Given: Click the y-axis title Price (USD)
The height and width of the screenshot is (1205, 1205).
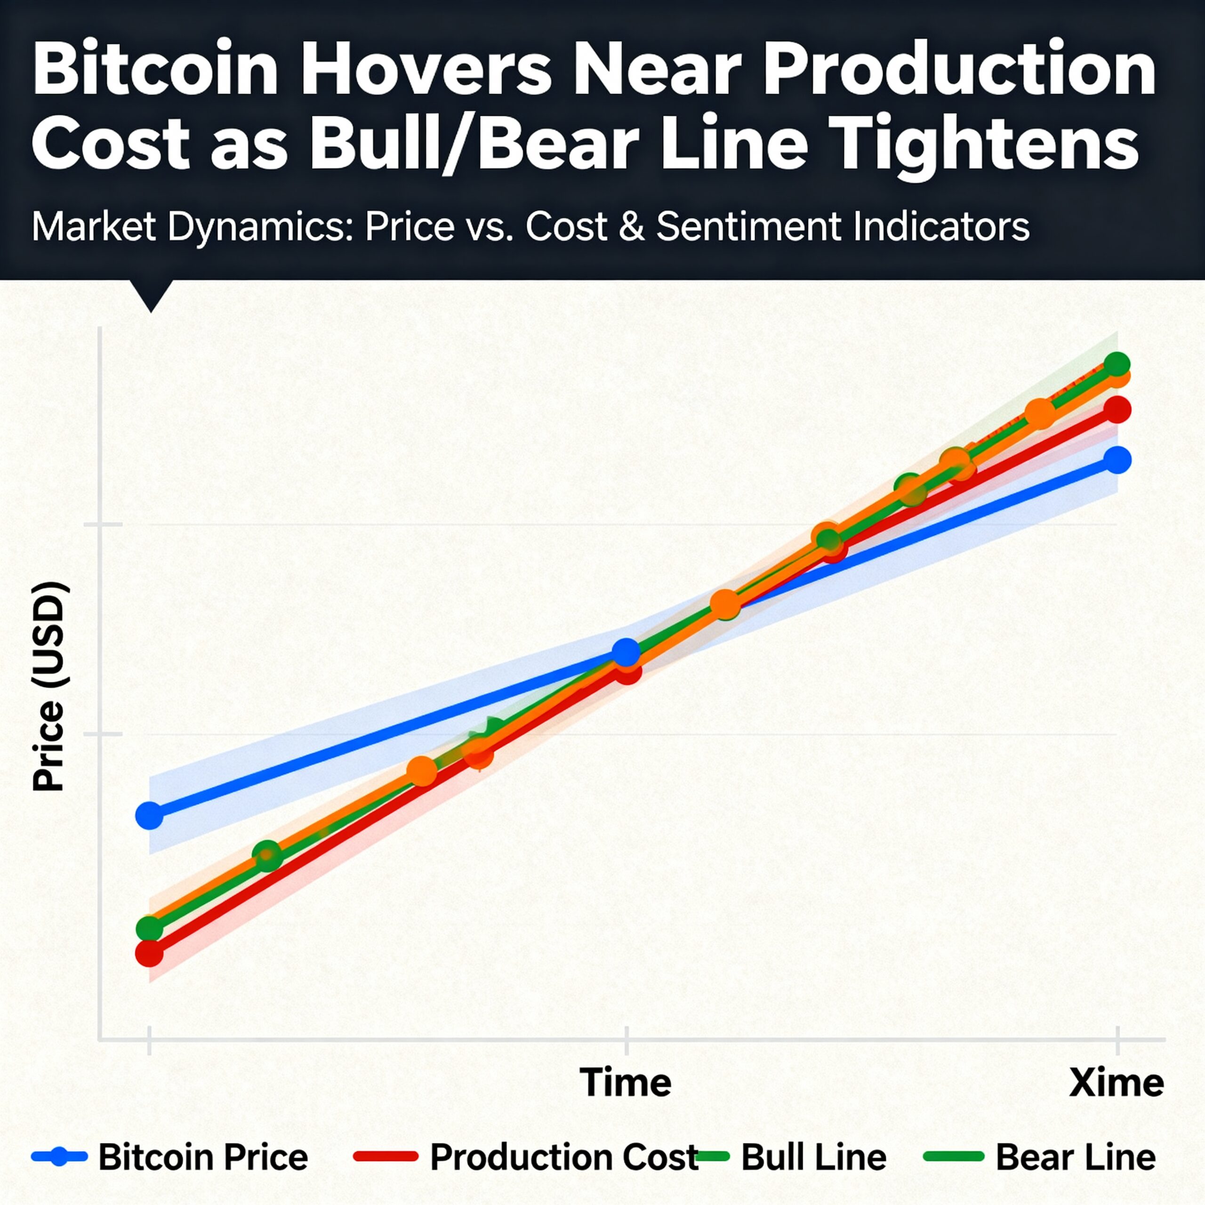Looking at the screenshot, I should tap(48, 687).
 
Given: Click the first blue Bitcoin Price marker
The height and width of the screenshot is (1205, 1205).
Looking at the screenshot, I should tap(149, 815).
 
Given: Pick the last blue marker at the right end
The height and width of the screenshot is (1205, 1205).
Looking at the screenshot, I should tap(1117, 460).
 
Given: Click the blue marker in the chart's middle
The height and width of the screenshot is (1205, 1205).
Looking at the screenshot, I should tap(626, 652).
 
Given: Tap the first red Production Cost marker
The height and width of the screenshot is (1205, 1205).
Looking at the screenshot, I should tap(149, 953).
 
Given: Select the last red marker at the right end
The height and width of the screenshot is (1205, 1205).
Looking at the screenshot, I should tap(1117, 410).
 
